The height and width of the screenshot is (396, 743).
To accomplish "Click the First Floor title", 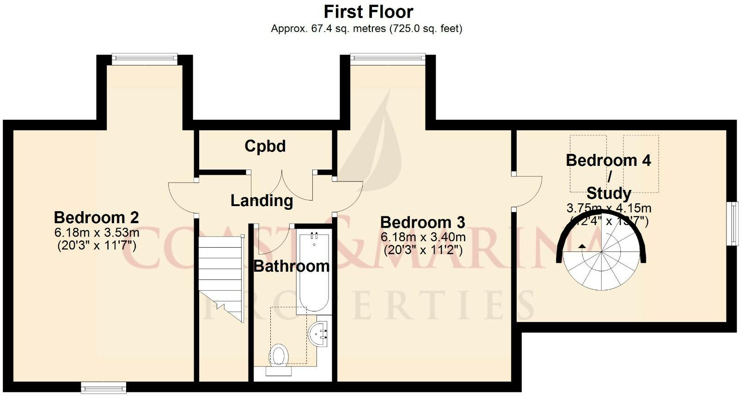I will tap(368, 12).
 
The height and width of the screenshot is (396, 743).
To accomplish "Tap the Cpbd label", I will tap(265, 146).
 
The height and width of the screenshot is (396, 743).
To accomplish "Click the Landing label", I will tap(262, 201).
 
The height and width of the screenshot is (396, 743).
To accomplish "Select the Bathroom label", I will tap(292, 266).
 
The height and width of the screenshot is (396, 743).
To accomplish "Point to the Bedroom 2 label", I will tap(96, 217).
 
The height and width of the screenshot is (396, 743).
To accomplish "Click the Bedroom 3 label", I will tap(422, 223).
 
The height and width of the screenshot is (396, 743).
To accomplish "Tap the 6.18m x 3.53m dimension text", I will tap(97, 232).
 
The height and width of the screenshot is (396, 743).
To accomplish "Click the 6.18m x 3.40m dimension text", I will tap(423, 238).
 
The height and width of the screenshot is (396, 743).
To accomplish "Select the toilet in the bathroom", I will tap(279, 356).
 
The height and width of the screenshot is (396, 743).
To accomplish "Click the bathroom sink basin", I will tap(319, 333).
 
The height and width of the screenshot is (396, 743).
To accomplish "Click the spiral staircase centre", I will tap(602, 252).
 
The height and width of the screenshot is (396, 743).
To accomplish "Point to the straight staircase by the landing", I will tap(220, 277).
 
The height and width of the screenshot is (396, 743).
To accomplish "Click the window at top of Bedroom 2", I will tap(144, 58).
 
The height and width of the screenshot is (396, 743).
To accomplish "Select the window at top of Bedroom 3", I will tap(387, 57).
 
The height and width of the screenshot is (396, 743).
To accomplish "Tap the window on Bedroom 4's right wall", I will tap(734, 224).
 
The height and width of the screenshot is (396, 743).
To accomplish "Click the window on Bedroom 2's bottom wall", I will tap(104, 386).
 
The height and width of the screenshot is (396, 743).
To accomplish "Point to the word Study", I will tap(609, 193).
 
